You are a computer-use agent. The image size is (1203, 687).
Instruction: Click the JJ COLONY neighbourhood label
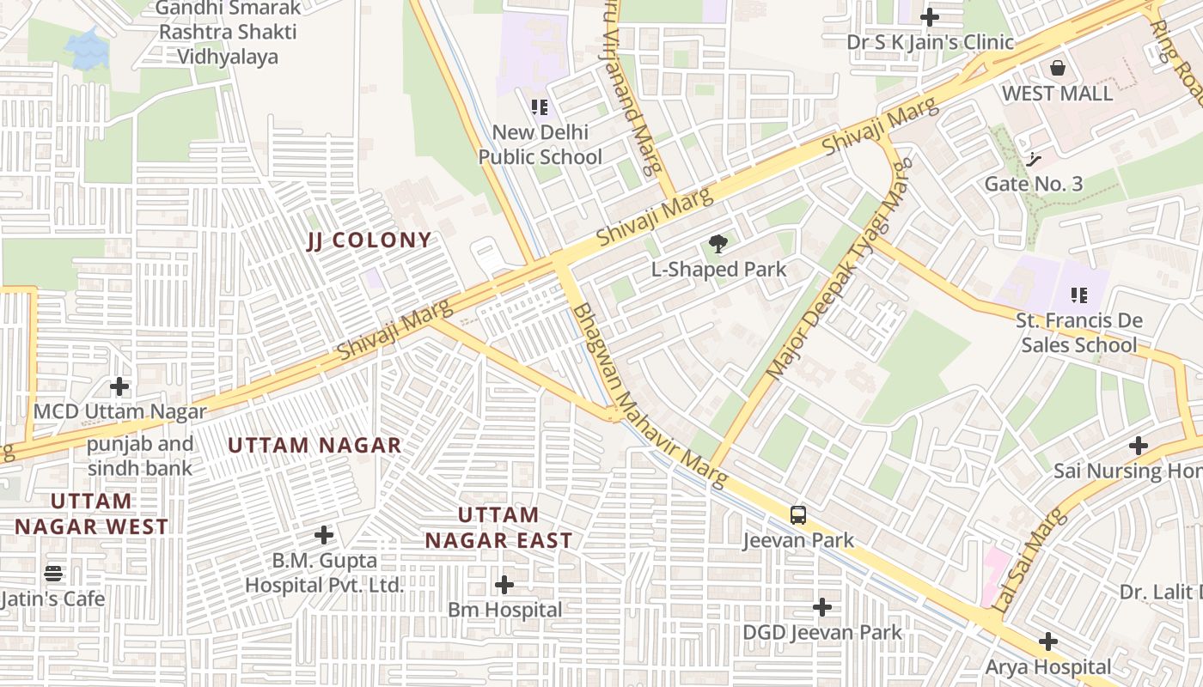[x=369, y=240]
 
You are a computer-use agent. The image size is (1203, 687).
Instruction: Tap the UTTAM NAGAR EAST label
[x=498, y=527]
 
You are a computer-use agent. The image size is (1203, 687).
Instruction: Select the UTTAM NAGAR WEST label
[x=91, y=514]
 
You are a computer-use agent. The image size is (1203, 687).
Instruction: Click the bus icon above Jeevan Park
[x=798, y=515]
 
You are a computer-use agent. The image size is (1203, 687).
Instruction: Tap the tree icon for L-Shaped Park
[x=718, y=245]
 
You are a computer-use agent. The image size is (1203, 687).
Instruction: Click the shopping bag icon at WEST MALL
[x=1058, y=67]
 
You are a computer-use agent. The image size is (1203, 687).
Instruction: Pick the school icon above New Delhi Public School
[x=540, y=107]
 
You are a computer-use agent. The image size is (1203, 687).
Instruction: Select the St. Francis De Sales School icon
[x=1079, y=295]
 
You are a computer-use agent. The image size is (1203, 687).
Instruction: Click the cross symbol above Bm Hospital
[x=504, y=585]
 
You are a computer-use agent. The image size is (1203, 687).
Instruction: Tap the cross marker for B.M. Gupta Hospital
[x=324, y=535]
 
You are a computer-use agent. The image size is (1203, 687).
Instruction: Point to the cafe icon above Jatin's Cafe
[x=53, y=573]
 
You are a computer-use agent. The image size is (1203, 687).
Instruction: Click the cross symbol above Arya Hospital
[x=1047, y=641]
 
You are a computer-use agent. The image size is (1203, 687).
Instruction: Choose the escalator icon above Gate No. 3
[x=1034, y=159]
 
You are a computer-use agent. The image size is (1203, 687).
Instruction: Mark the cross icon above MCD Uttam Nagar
[x=119, y=386]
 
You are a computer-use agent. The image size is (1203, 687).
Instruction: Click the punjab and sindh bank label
[x=140, y=457]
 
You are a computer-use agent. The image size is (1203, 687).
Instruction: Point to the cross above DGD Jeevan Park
[x=822, y=607]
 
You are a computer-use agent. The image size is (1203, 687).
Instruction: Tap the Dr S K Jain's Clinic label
[x=930, y=42]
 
